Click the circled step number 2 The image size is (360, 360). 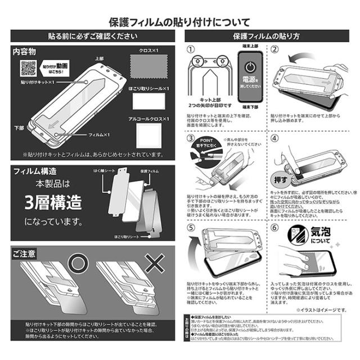coord(275,49)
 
